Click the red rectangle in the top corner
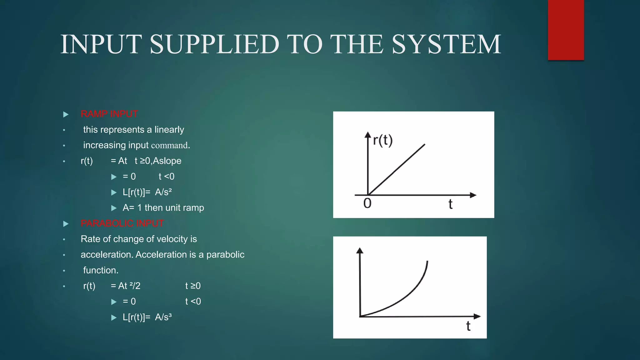point(566,30)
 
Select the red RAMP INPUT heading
point(109,114)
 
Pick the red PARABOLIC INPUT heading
point(122,223)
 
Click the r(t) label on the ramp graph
point(383,140)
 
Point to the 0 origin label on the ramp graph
point(367,204)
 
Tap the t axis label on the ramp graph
point(450,204)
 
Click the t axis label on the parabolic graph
point(468,326)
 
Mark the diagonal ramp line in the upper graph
point(397,169)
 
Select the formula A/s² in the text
point(163,192)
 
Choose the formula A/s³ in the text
point(163,317)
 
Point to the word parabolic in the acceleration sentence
point(225,255)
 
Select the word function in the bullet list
point(101,270)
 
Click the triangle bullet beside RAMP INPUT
point(66,114)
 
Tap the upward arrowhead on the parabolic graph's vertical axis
point(360,250)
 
